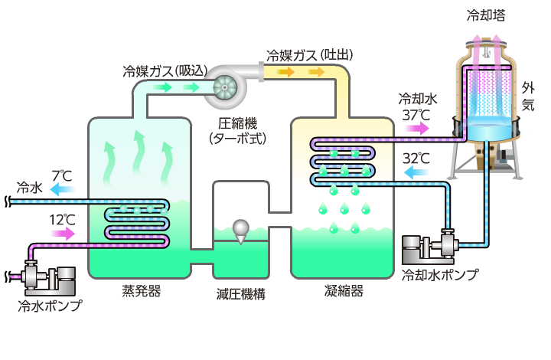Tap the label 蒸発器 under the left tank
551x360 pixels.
click(x=142, y=291)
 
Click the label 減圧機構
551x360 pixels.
click(x=242, y=294)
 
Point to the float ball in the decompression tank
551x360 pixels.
click(x=241, y=227)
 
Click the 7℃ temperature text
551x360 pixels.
click(x=61, y=174)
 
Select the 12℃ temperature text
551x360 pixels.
click(x=63, y=220)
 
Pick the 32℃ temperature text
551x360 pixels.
click(x=416, y=159)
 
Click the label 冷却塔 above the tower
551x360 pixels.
click(x=485, y=15)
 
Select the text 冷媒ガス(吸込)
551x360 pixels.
click(x=165, y=70)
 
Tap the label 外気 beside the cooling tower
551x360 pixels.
click(x=528, y=96)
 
